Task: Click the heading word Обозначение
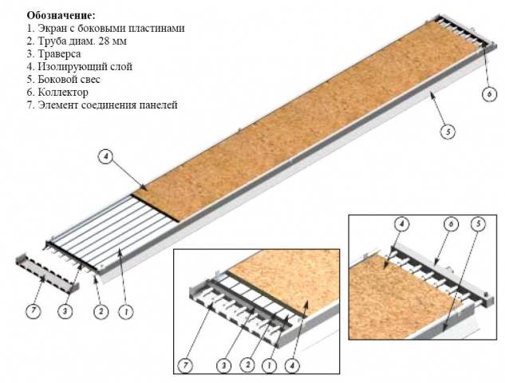61,15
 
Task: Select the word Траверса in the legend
59,53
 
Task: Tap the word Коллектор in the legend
63,92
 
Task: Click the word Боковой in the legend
57,79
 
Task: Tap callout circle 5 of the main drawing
448,132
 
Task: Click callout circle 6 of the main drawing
489,94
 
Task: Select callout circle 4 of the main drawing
106,157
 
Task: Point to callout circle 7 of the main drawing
34,311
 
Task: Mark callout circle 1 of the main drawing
126,311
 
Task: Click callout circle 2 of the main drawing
101,311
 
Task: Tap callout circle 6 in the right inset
452,224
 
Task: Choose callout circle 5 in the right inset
478,223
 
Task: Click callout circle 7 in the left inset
186,365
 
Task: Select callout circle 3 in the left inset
224,365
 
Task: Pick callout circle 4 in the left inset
292,365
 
